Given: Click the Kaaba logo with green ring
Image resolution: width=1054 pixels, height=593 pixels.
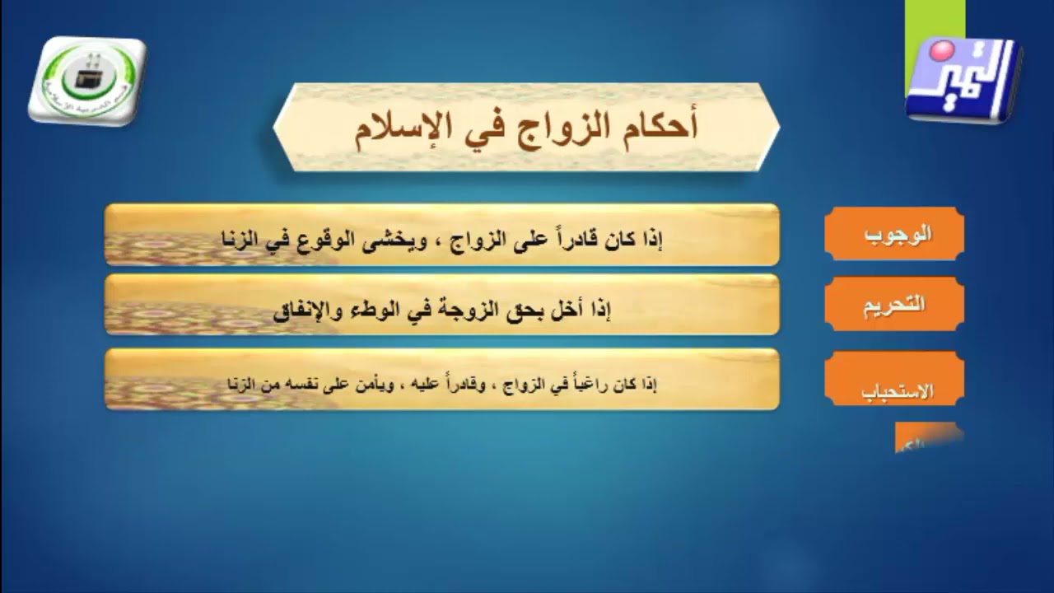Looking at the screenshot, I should (86, 79).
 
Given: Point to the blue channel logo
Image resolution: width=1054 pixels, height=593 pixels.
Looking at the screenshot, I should (963, 80).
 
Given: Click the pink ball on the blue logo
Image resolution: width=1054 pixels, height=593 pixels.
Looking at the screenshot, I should (940, 52).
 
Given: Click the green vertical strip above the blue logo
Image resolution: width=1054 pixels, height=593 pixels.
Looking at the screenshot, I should (934, 21).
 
